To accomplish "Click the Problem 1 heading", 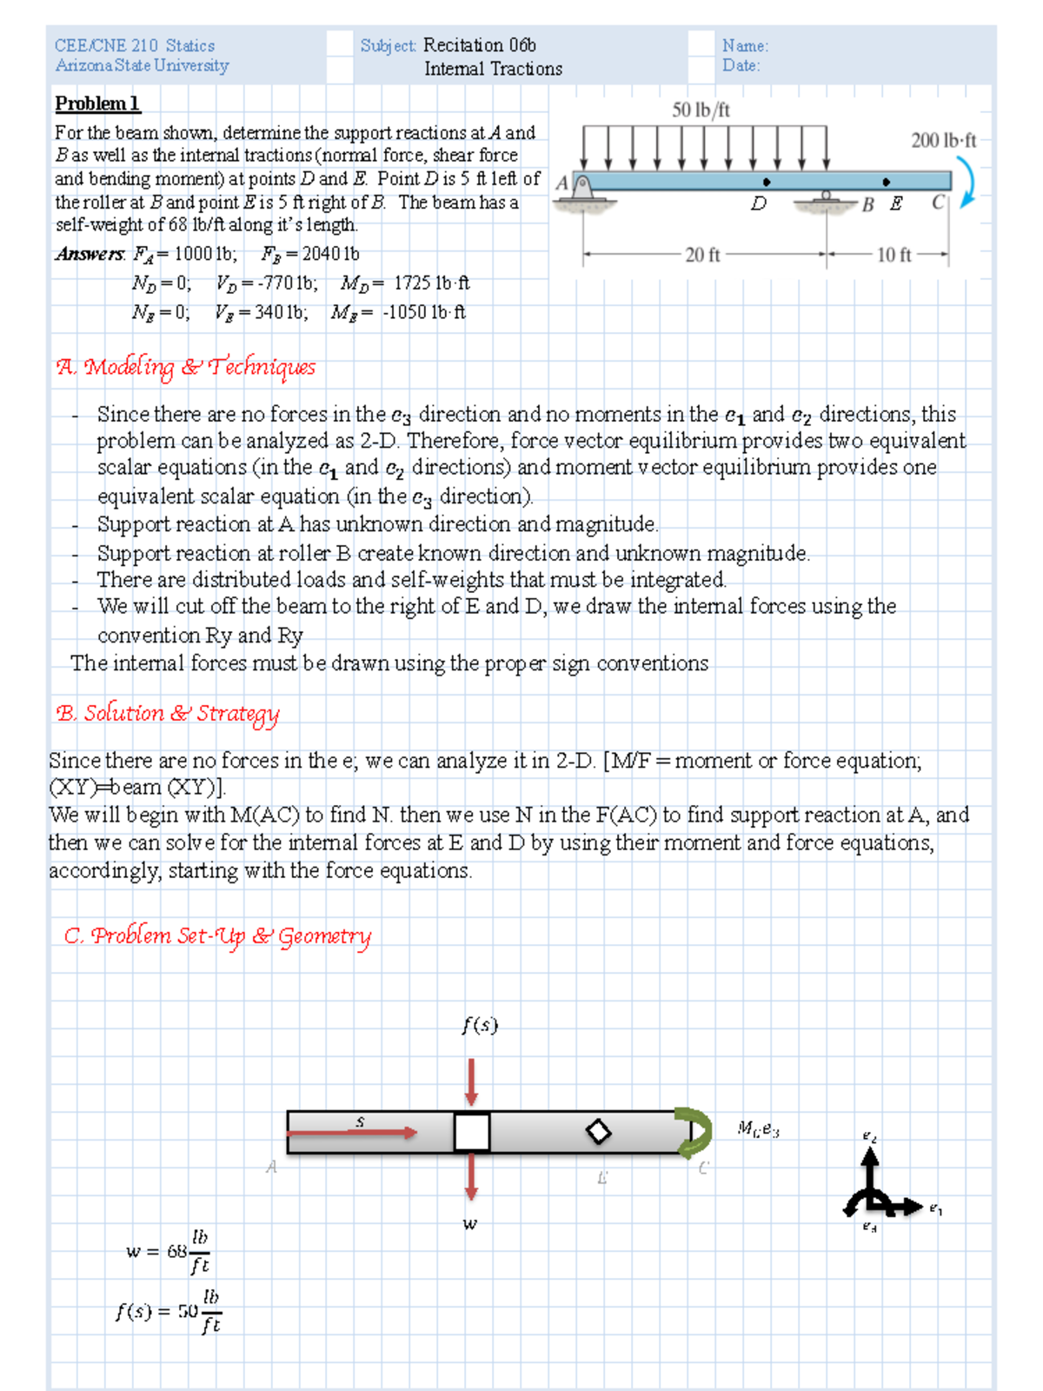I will [x=97, y=103].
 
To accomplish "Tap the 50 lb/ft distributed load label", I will [x=701, y=110].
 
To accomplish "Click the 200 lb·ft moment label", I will [x=943, y=140].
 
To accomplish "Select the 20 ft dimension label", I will [x=702, y=255].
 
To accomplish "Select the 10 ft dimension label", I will [x=894, y=255].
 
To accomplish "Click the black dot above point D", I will [x=766, y=182].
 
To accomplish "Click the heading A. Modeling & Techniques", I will [x=186, y=367].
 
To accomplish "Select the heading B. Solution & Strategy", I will [x=168, y=714].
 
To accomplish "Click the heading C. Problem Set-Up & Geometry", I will [x=217, y=936].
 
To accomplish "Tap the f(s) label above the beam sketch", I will [x=480, y=1025].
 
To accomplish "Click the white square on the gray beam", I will [x=472, y=1132].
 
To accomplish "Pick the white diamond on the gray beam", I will [x=598, y=1132].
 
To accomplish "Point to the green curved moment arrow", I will [x=694, y=1132].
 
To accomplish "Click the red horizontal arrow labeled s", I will [x=352, y=1132].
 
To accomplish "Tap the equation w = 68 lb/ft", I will [x=168, y=1252].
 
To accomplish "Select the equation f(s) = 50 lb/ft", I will [x=169, y=1311].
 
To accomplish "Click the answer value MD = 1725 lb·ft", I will [x=405, y=283].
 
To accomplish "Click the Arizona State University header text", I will [x=142, y=66].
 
